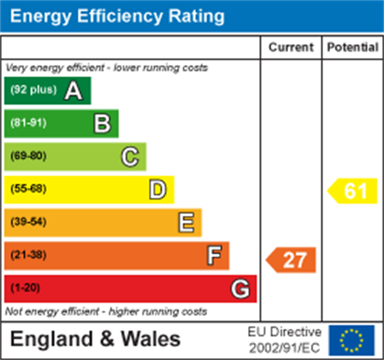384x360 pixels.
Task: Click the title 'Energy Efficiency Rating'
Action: tap(117, 16)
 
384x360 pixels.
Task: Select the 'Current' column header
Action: tap(291, 47)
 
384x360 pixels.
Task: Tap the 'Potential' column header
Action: tap(353, 47)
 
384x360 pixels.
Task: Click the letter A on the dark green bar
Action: tap(74, 91)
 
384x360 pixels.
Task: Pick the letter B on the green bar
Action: tap(102, 124)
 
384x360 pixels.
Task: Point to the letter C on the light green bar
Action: tap(130, 157)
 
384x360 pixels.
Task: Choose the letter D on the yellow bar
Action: tap(158, 190)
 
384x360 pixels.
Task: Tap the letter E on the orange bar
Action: tap(186, 222)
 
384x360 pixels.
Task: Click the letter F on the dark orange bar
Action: tap(214, 255)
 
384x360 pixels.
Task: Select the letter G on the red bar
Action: tap(241, 289)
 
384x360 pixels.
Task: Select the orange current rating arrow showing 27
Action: tap(291, 260)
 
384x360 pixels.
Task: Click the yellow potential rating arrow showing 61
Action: tap(353, 191)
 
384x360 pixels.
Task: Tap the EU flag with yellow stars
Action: tap(352, 340)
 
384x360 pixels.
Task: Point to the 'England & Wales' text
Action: tap(95, 339)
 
